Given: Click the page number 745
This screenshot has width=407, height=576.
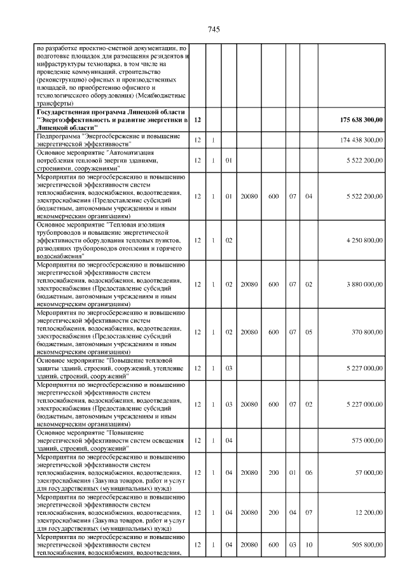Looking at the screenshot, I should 214,29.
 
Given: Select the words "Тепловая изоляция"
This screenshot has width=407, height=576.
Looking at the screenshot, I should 142,224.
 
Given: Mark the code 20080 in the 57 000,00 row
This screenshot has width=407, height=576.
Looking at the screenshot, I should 249,473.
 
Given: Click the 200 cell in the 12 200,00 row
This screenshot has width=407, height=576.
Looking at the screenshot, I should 274,512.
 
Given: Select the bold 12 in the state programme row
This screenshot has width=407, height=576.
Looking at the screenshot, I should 198,120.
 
